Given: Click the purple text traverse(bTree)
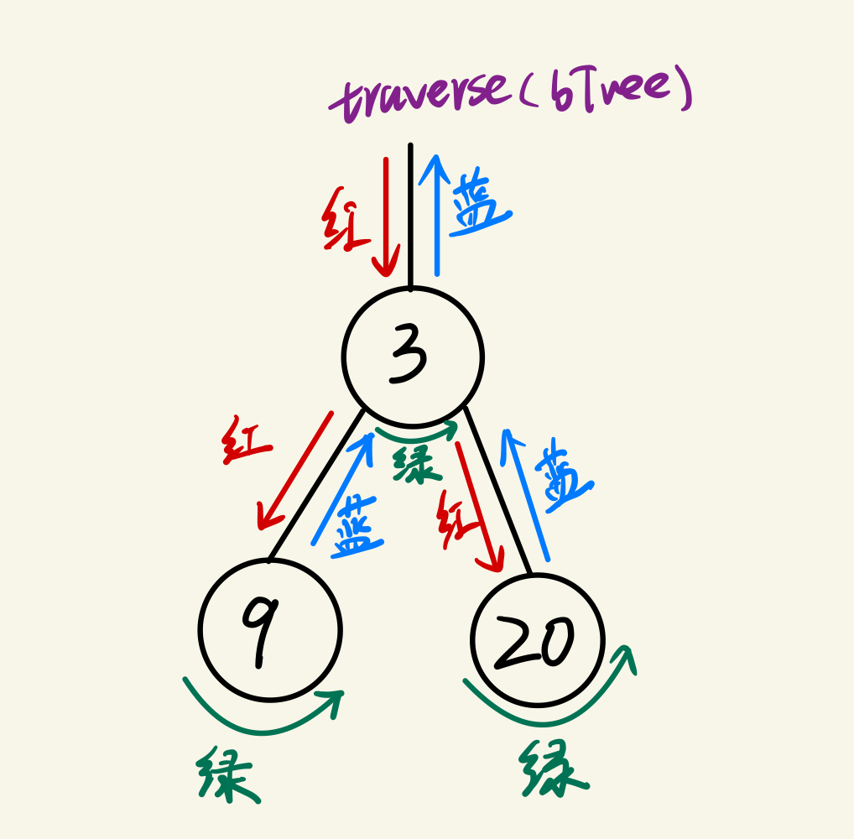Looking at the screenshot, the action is [x=512, y=96].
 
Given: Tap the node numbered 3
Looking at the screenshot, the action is [x=413, y=357].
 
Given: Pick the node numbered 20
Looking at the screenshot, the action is [x=538, y=640].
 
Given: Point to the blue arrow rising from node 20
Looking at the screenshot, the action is [x=526, y=495].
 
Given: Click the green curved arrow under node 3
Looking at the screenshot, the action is [x=417, y=436].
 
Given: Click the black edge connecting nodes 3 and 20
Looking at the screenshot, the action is [x=498, y=491].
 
